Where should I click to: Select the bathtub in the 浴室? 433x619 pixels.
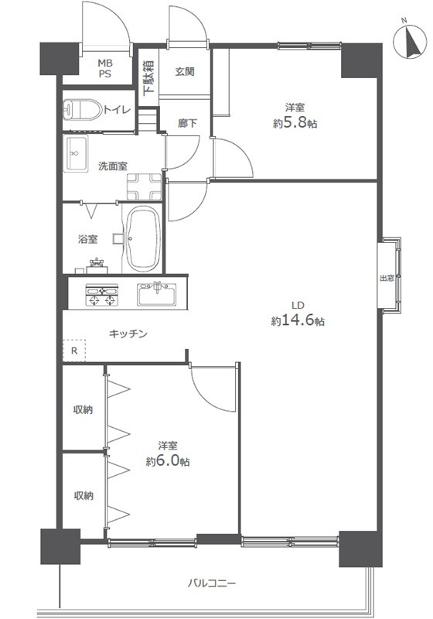[x=141, y=238]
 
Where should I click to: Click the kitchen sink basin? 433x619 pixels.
[x=158, y=295]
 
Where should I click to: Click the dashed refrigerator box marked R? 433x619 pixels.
[x=73, y=350]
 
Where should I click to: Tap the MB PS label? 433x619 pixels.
[x=104, y=70]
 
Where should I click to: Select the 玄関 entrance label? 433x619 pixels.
[x=184, y=72]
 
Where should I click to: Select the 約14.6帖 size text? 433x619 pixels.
[x=298, y=320]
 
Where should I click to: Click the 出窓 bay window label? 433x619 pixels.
[x=386, y=279]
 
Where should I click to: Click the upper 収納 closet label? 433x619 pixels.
[x=83, y=410]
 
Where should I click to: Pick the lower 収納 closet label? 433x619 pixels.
[x=83, y=495]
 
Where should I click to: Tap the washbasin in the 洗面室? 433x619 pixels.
[x=77, y=154]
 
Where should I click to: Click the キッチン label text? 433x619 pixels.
[x=128, y=334]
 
